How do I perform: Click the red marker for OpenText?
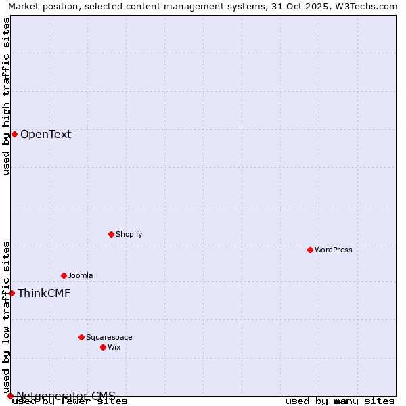click(14, 134)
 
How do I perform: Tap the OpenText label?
click(45, 134)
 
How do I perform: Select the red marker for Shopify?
click(111, 234)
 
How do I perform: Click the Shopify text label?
click(129, 234)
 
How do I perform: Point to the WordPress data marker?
click(310, 250)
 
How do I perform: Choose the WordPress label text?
click(333, 250)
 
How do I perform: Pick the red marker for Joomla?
click(64, 275)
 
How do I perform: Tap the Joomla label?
click(81, 275)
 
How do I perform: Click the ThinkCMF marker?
click(12, 293)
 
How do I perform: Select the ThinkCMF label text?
click(44, 293)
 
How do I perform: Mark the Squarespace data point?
click(81, 337)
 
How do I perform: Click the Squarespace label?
click(109, 337)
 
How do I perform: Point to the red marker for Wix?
click(103, 347)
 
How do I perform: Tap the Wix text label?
click(114, 347)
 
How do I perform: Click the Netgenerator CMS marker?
click(10, 396)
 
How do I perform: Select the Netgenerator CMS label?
click(66, 396)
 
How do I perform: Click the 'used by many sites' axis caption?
click(340, 401)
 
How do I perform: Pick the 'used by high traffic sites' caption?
click(6, 96)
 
